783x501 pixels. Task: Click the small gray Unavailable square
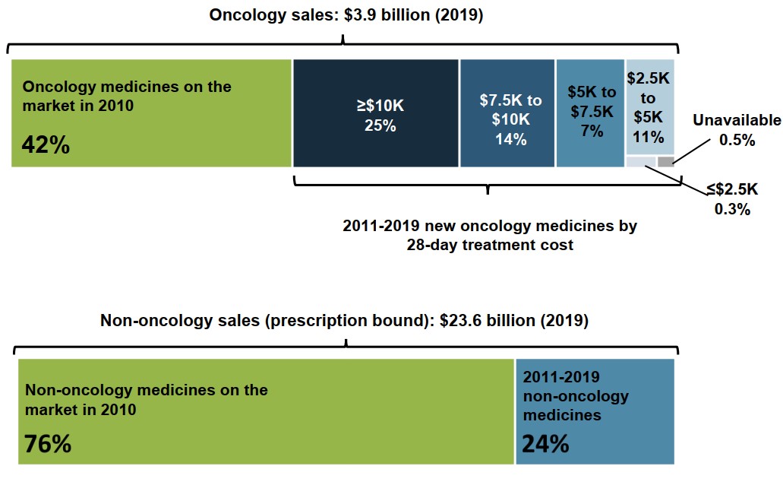[665, 161]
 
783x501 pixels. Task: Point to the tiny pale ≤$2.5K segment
[640, 161]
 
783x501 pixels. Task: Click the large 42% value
[46, 145]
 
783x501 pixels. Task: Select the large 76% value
[48, 443]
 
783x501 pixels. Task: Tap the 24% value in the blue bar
[545, 443]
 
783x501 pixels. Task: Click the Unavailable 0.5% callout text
[737, 130]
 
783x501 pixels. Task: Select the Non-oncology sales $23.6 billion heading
[344, 320]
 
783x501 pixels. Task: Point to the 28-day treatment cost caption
[489, 235]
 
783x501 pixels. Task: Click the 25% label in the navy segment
[380, 125]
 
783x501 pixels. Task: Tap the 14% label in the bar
[510, 139]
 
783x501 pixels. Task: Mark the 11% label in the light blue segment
[649, 137]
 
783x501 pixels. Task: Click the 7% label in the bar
[592, 130]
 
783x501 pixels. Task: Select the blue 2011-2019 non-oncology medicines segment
[595, 411]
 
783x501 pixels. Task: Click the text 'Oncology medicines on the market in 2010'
[127, 96]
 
